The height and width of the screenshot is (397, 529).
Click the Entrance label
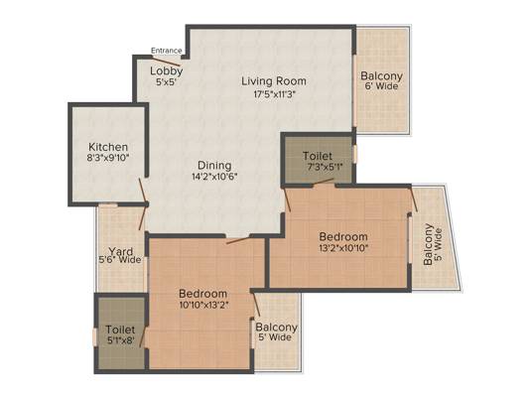click(167, 51)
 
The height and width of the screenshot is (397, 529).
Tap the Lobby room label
click(167, 70)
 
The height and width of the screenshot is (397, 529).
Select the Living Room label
click(274, 81)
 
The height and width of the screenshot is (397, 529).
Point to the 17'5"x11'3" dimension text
click(274, 94)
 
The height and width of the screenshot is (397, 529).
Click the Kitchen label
click(108, 147)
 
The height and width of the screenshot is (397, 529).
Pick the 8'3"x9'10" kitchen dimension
click(108, 158)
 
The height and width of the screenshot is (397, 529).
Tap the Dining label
click(214, 166)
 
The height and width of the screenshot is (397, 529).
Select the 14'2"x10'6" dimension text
click(215, 177)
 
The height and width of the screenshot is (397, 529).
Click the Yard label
click(120, 251)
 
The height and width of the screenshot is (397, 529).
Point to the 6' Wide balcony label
click(381, 86)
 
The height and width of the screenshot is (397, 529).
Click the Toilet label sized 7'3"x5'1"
click(318, 156)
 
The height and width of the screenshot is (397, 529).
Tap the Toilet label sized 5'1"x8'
click(120, 330)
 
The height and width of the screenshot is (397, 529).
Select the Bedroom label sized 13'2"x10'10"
click(343, 236)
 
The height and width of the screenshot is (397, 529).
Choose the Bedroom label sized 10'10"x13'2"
click(202, 294)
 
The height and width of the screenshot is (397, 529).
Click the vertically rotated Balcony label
click(428, 244)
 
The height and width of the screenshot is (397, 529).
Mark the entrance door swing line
click(165, 62)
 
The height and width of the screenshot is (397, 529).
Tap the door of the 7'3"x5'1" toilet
click(324, 183)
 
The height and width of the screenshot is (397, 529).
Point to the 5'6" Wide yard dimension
click(120, 260)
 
